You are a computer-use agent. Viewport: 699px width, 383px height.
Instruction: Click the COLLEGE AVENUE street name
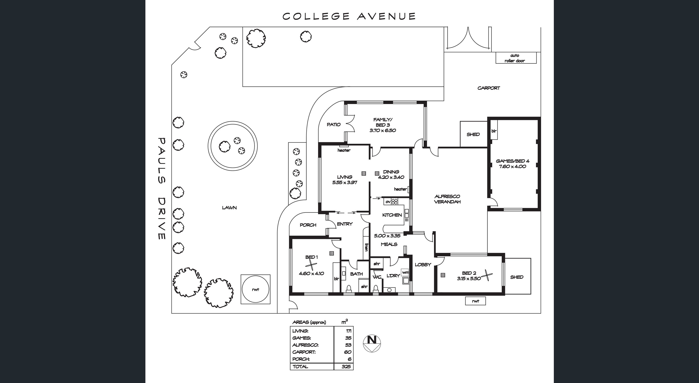click(x=349, y=16)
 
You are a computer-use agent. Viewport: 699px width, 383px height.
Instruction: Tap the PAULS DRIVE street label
click(x=162, y=189)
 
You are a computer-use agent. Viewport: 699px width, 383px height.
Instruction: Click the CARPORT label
click(x=488, y=88)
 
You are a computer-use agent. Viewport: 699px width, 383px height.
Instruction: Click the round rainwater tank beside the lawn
click(x=255, y=289)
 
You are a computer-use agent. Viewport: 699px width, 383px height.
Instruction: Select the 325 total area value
click(x=346, y=366)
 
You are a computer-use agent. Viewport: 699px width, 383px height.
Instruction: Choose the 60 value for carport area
click(x=348, y=352)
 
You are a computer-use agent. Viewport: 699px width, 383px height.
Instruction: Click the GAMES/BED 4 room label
click(x=513, y=161)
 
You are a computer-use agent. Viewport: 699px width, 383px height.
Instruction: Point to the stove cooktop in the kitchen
click(x=395, y=201)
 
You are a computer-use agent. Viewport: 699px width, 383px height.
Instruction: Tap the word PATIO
click(x=334, y=125)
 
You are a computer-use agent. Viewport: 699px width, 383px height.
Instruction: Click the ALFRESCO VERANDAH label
click(x=447, y=199)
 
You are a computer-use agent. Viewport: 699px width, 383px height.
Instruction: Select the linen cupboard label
click(x=366, y=247)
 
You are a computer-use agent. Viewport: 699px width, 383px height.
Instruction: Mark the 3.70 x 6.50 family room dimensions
click(x=383, y=130)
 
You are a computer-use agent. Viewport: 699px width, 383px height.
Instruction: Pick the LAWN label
click(x=229, y=208)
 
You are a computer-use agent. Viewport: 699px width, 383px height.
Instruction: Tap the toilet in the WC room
click(x=375, y=288)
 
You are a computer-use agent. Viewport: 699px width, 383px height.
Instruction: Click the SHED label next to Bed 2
click(x=517, y=277)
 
